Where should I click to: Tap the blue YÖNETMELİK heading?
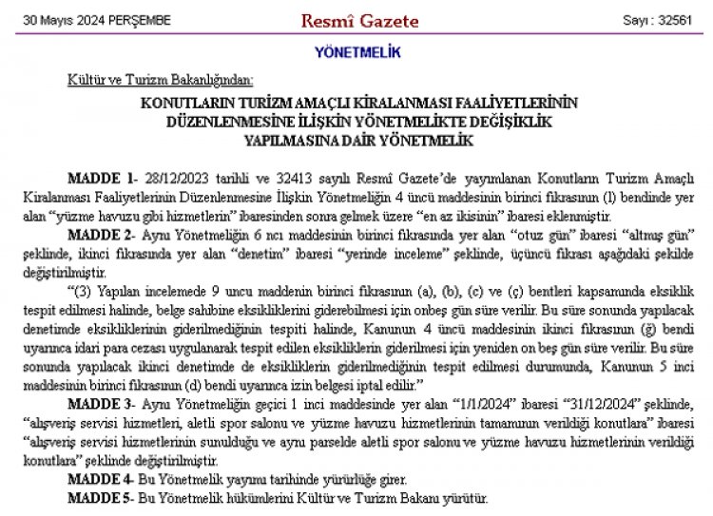[x=356, y=50]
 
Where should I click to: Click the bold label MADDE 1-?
[x=102, y=179]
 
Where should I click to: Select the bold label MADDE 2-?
[x=103, y=233]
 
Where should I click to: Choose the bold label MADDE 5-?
[x=103, y=497]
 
